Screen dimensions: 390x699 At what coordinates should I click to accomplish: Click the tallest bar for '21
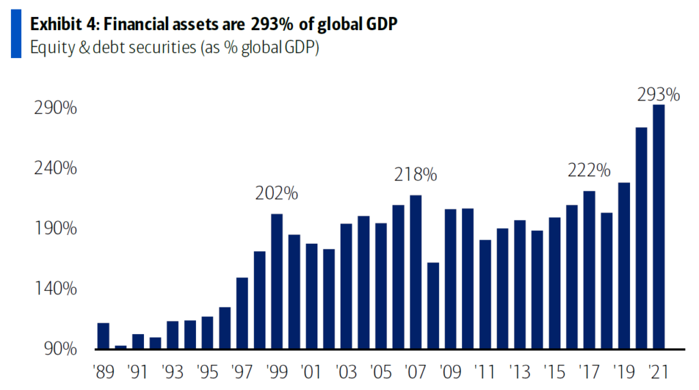click(659, 227)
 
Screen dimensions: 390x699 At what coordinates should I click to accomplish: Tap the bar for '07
click(416, 272)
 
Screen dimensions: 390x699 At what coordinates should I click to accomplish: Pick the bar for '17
click(589, 270)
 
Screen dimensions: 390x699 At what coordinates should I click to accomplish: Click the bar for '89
click(103, 335)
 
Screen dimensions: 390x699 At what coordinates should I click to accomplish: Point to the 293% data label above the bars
click(658, 95)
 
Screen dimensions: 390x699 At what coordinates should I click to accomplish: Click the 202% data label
click(276, 193)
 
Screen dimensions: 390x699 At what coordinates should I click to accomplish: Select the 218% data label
click(415, 175)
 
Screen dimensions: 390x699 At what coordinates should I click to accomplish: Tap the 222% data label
click(588, 171)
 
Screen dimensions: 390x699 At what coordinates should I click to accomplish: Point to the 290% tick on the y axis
click(55, 109)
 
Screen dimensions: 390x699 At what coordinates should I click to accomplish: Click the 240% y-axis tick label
click(55, 169)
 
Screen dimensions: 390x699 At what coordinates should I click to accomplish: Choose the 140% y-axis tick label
click(55, 289)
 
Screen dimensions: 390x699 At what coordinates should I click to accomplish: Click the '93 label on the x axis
click(173, 373)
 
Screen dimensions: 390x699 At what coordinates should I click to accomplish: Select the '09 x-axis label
click(450, 373)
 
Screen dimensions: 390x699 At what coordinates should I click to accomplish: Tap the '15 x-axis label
click(554, 373)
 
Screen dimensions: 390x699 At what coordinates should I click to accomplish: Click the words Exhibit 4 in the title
click(60, 25)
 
